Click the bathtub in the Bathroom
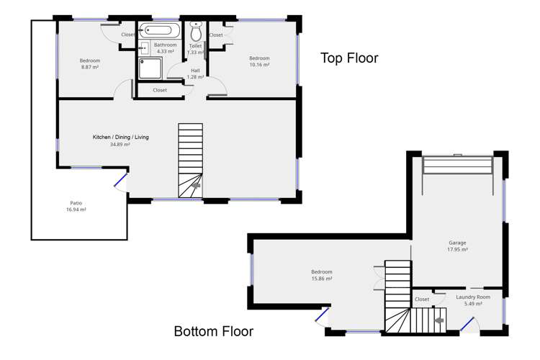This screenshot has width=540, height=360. click(159, 30)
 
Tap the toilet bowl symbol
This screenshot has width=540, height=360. click(196, 31)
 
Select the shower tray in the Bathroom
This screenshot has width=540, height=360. click(150, 68)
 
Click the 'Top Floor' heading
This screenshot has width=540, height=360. click(349, 58)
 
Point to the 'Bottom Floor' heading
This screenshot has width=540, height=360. click(214, 331)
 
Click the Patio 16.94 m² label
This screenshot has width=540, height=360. click(76, 206)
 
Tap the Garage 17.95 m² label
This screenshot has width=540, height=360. click(457, 246)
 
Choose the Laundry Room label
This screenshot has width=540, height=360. click(473, 297)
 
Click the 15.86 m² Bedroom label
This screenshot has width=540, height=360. click(322, 275)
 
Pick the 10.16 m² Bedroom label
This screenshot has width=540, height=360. click(259, 61)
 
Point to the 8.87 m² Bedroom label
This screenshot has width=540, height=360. click(90, 64)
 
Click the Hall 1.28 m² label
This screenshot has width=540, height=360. click(195, 73)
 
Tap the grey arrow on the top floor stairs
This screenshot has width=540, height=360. click(196, 185)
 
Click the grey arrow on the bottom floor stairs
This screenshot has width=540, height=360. click(439, 320)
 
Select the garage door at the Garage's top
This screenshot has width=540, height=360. click(458, 165)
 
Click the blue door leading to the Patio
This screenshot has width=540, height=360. click(120, 180)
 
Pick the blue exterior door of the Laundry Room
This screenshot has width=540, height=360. click(467, 324)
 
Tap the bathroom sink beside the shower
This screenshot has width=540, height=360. click(144, 48)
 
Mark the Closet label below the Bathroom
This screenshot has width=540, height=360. click(160, 90)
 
